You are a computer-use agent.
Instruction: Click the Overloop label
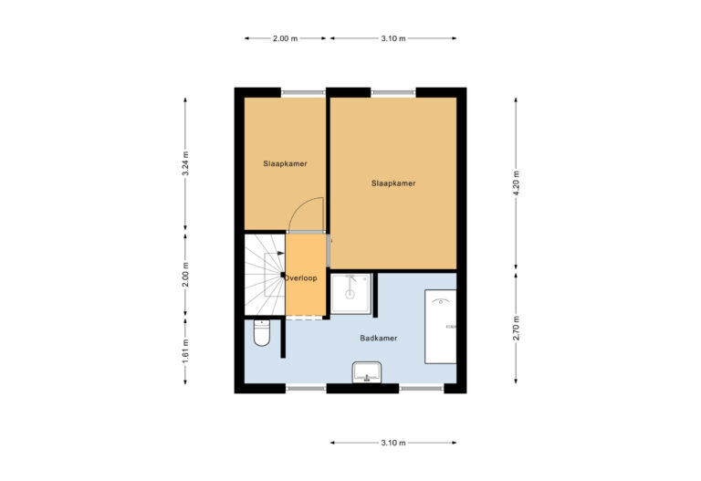click(301, 277)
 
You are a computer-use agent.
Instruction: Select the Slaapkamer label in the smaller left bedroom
click(284, 164)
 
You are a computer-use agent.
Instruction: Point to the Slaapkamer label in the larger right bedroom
click(393, 183)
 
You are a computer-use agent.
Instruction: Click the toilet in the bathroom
click(261, 335)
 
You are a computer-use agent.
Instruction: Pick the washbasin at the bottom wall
click(367, 371)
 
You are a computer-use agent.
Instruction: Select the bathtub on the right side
click(440, 326)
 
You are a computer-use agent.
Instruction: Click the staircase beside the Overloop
click(264, 275)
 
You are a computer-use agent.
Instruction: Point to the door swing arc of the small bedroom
click(309, 214)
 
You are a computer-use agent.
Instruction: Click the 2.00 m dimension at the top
click(286, 38)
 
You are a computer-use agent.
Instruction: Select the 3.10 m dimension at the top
click(392, 38)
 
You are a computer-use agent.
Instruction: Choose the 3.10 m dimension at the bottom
click(392, 443)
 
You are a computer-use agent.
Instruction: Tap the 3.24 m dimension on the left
click(185, 162)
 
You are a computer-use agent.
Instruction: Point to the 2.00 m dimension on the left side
click(185, 275)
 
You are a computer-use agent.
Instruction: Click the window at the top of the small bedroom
click(302, 91)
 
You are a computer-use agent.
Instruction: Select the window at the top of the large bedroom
click(393, 91)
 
